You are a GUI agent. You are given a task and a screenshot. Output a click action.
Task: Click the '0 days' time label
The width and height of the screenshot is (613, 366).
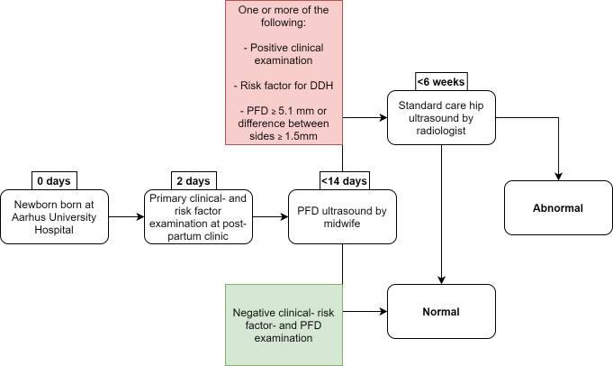(54, 178)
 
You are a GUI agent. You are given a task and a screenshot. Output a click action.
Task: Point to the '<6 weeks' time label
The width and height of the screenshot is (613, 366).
(441, 82)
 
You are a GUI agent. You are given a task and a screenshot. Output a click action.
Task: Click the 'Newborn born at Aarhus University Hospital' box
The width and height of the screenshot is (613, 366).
(54, 216)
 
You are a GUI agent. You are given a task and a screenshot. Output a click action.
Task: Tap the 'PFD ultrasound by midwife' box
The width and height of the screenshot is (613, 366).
(342, 216)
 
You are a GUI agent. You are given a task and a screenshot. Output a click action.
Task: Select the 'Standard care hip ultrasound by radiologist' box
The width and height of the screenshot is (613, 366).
(441, 117)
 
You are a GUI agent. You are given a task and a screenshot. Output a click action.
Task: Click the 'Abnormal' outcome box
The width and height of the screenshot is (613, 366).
(557, 207)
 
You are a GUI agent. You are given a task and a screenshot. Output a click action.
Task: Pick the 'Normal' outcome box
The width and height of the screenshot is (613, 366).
(441, 312)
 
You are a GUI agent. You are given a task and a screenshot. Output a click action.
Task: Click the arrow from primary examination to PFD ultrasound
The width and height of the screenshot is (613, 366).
(269, 217)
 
